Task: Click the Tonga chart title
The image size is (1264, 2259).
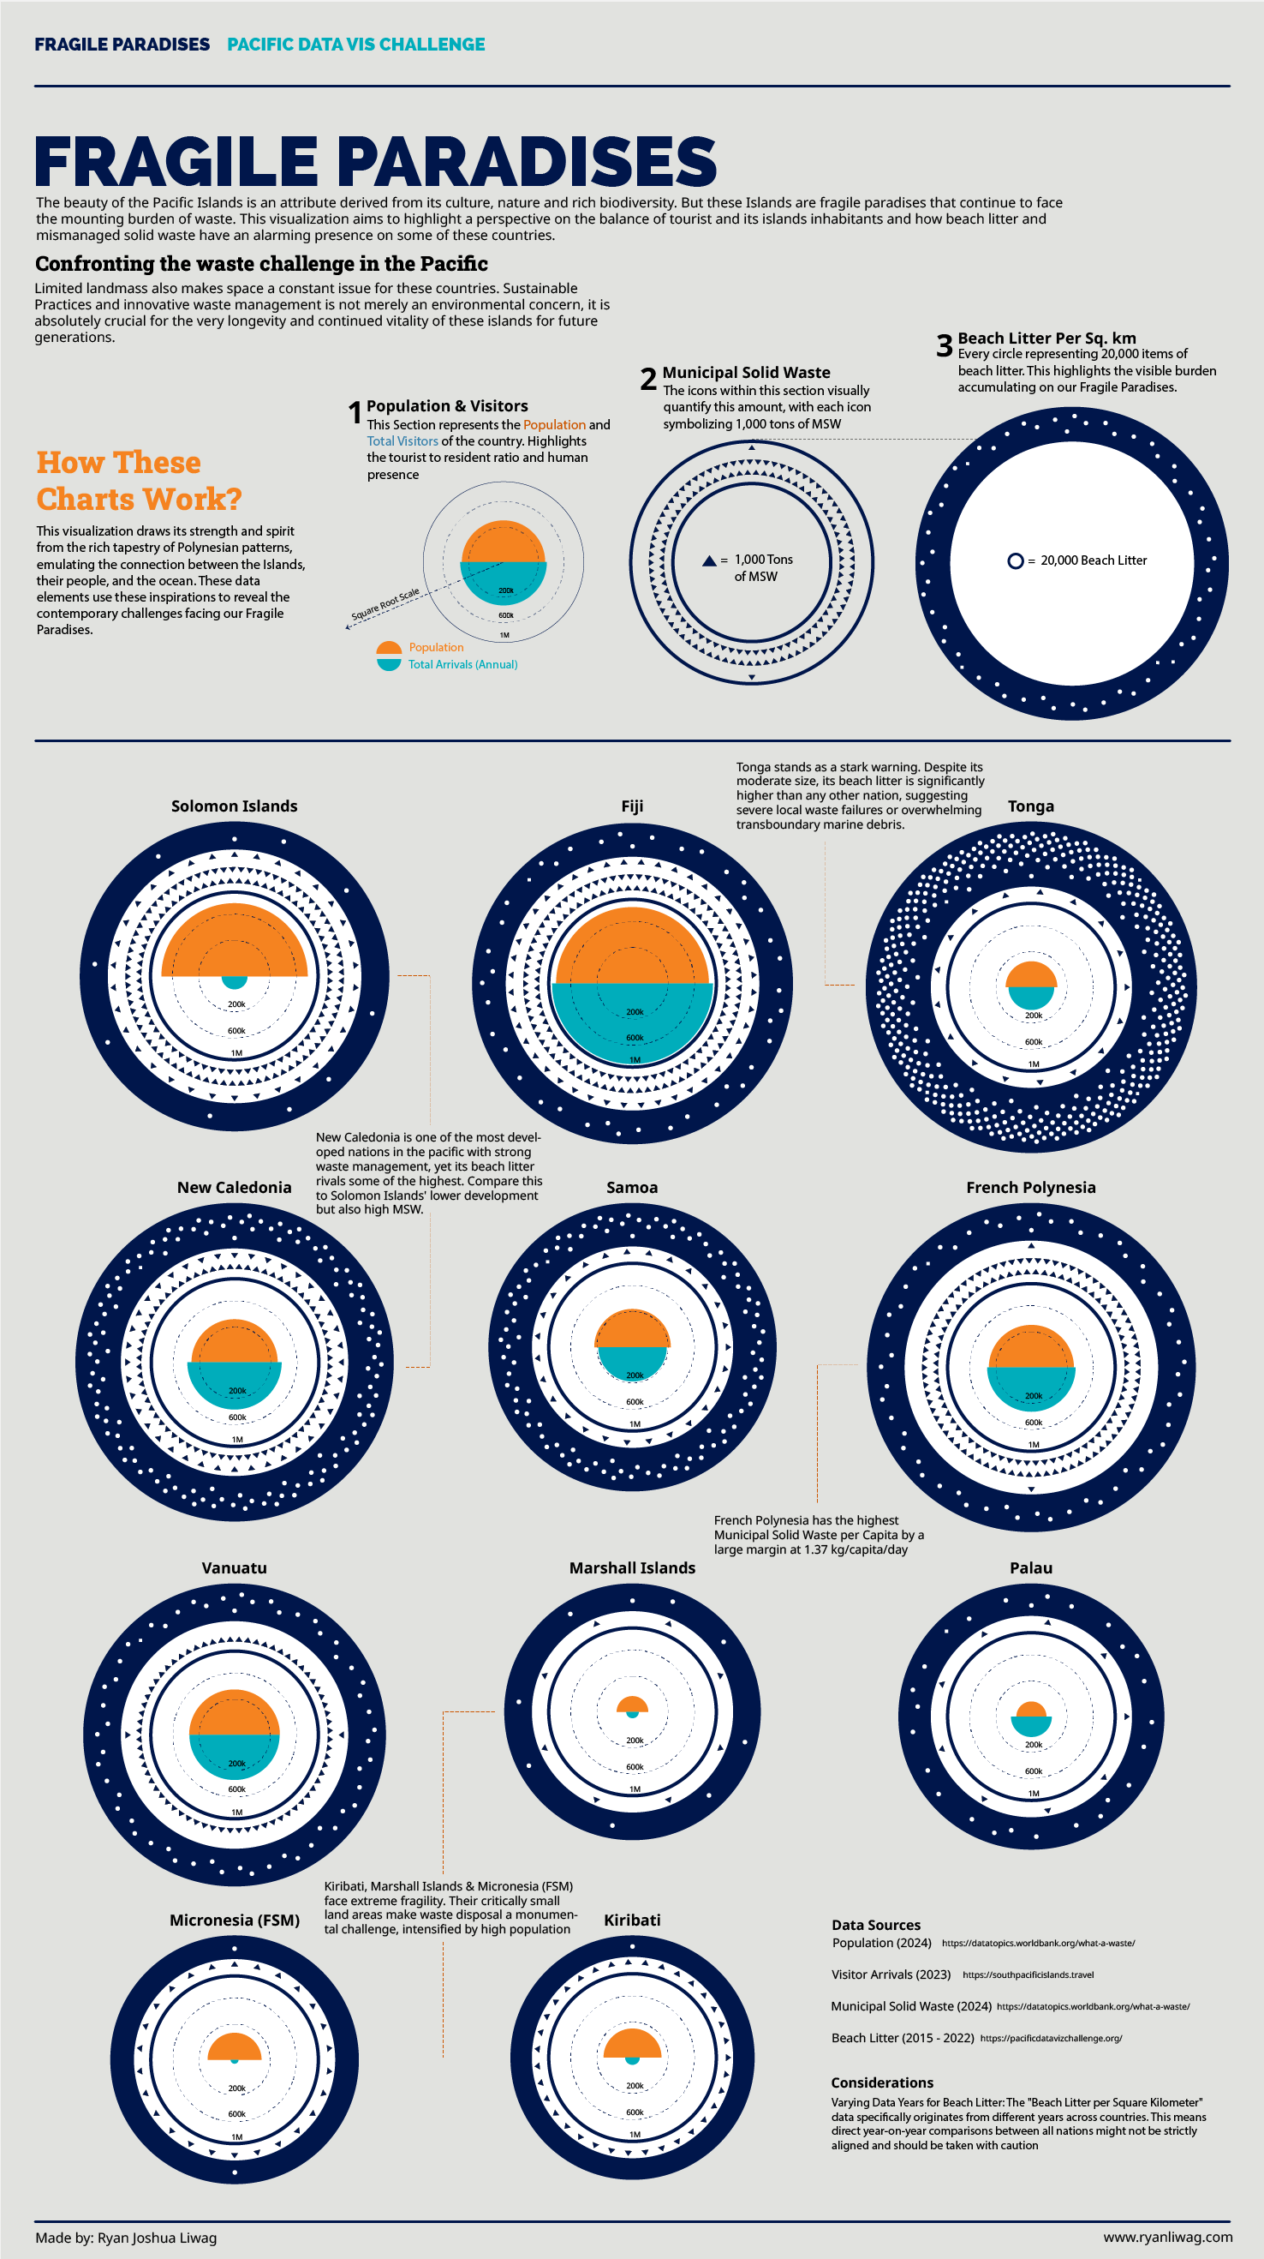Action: tap(1031, 806)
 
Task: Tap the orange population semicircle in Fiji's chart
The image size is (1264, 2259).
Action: tap(632, 947)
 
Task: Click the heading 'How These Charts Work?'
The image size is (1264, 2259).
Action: tap(139, 481)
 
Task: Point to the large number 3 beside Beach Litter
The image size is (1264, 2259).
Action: tap(944, 346)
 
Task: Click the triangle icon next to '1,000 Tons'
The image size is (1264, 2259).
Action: tap(709, 560)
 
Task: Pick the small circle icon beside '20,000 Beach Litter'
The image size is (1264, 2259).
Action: tap(1015, 560)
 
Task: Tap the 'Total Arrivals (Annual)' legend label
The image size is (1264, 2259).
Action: tap(462, 665)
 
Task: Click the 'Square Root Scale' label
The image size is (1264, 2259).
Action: tap(385, 604)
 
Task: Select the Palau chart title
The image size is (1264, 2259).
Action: tap(1031, 1568)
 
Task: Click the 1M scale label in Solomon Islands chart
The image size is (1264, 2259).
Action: tap(236, 1053)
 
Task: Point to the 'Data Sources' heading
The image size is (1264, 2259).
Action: tap(876, 1925)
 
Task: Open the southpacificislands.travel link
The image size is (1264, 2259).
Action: tap(1028, 1974)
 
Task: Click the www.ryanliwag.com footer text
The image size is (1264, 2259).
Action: tap(1167, 2236)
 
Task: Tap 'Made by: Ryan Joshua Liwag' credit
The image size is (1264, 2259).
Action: tap(126, 2237)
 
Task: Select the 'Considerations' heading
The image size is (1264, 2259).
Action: tap(882, 2082)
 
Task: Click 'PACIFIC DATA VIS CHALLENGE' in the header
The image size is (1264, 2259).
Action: tap(356, 45)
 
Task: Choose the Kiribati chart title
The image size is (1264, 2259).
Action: tap(632, 1920)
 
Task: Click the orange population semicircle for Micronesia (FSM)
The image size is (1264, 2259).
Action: tap(234, 2047)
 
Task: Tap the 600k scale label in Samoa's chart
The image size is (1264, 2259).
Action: tap(635, 1402)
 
